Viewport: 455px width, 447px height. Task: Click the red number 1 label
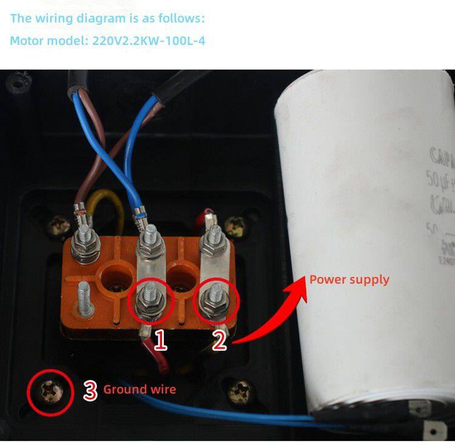pyautogui.click(x=160, y=340)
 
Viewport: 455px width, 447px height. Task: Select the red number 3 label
pyautogui.click(x=90, y=390)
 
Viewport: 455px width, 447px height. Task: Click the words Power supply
pyautogui.click(x=349, y=280)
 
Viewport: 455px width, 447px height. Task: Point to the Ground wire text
pyautogui.click(x=140, y=389)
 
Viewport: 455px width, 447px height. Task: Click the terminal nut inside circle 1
pyautogui.click(x=149, y=299)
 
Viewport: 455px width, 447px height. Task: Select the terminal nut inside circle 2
pyautogui.click(x=216, y=298)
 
